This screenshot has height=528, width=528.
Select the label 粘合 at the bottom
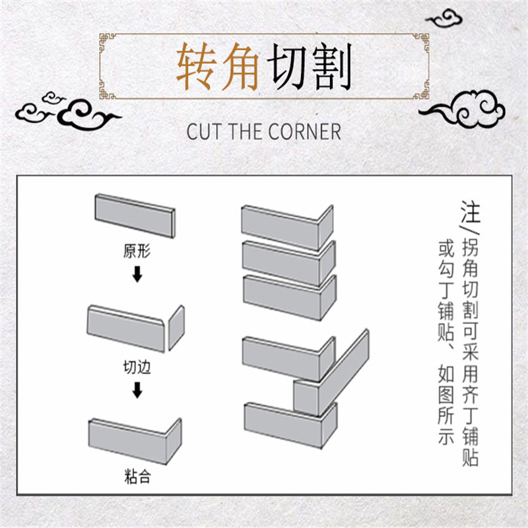137,476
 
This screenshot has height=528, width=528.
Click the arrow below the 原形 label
137,274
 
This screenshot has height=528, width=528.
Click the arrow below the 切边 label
137,390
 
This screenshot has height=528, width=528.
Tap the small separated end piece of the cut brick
176,328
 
